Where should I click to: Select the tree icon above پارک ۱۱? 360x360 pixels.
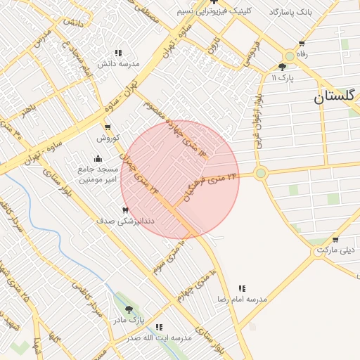coord(283,67)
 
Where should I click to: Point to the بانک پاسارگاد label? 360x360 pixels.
coord(290,13)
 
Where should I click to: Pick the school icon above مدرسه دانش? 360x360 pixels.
coord(118,53)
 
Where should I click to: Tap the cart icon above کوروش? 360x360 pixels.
coord(108,127)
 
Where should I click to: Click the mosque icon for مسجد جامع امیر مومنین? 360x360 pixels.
coord(98,158)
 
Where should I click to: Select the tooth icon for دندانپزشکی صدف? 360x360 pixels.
coord(126,210)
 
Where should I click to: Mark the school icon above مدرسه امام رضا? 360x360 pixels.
coord(242,288)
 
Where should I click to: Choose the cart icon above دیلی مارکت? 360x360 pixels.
coord(335,240)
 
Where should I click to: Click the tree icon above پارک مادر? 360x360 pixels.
coord(128,309)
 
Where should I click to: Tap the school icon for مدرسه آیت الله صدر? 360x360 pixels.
coord(159,327)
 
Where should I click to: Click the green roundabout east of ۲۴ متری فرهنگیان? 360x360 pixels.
coord(261,172)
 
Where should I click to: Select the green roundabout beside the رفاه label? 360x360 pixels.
coord(289,56)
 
